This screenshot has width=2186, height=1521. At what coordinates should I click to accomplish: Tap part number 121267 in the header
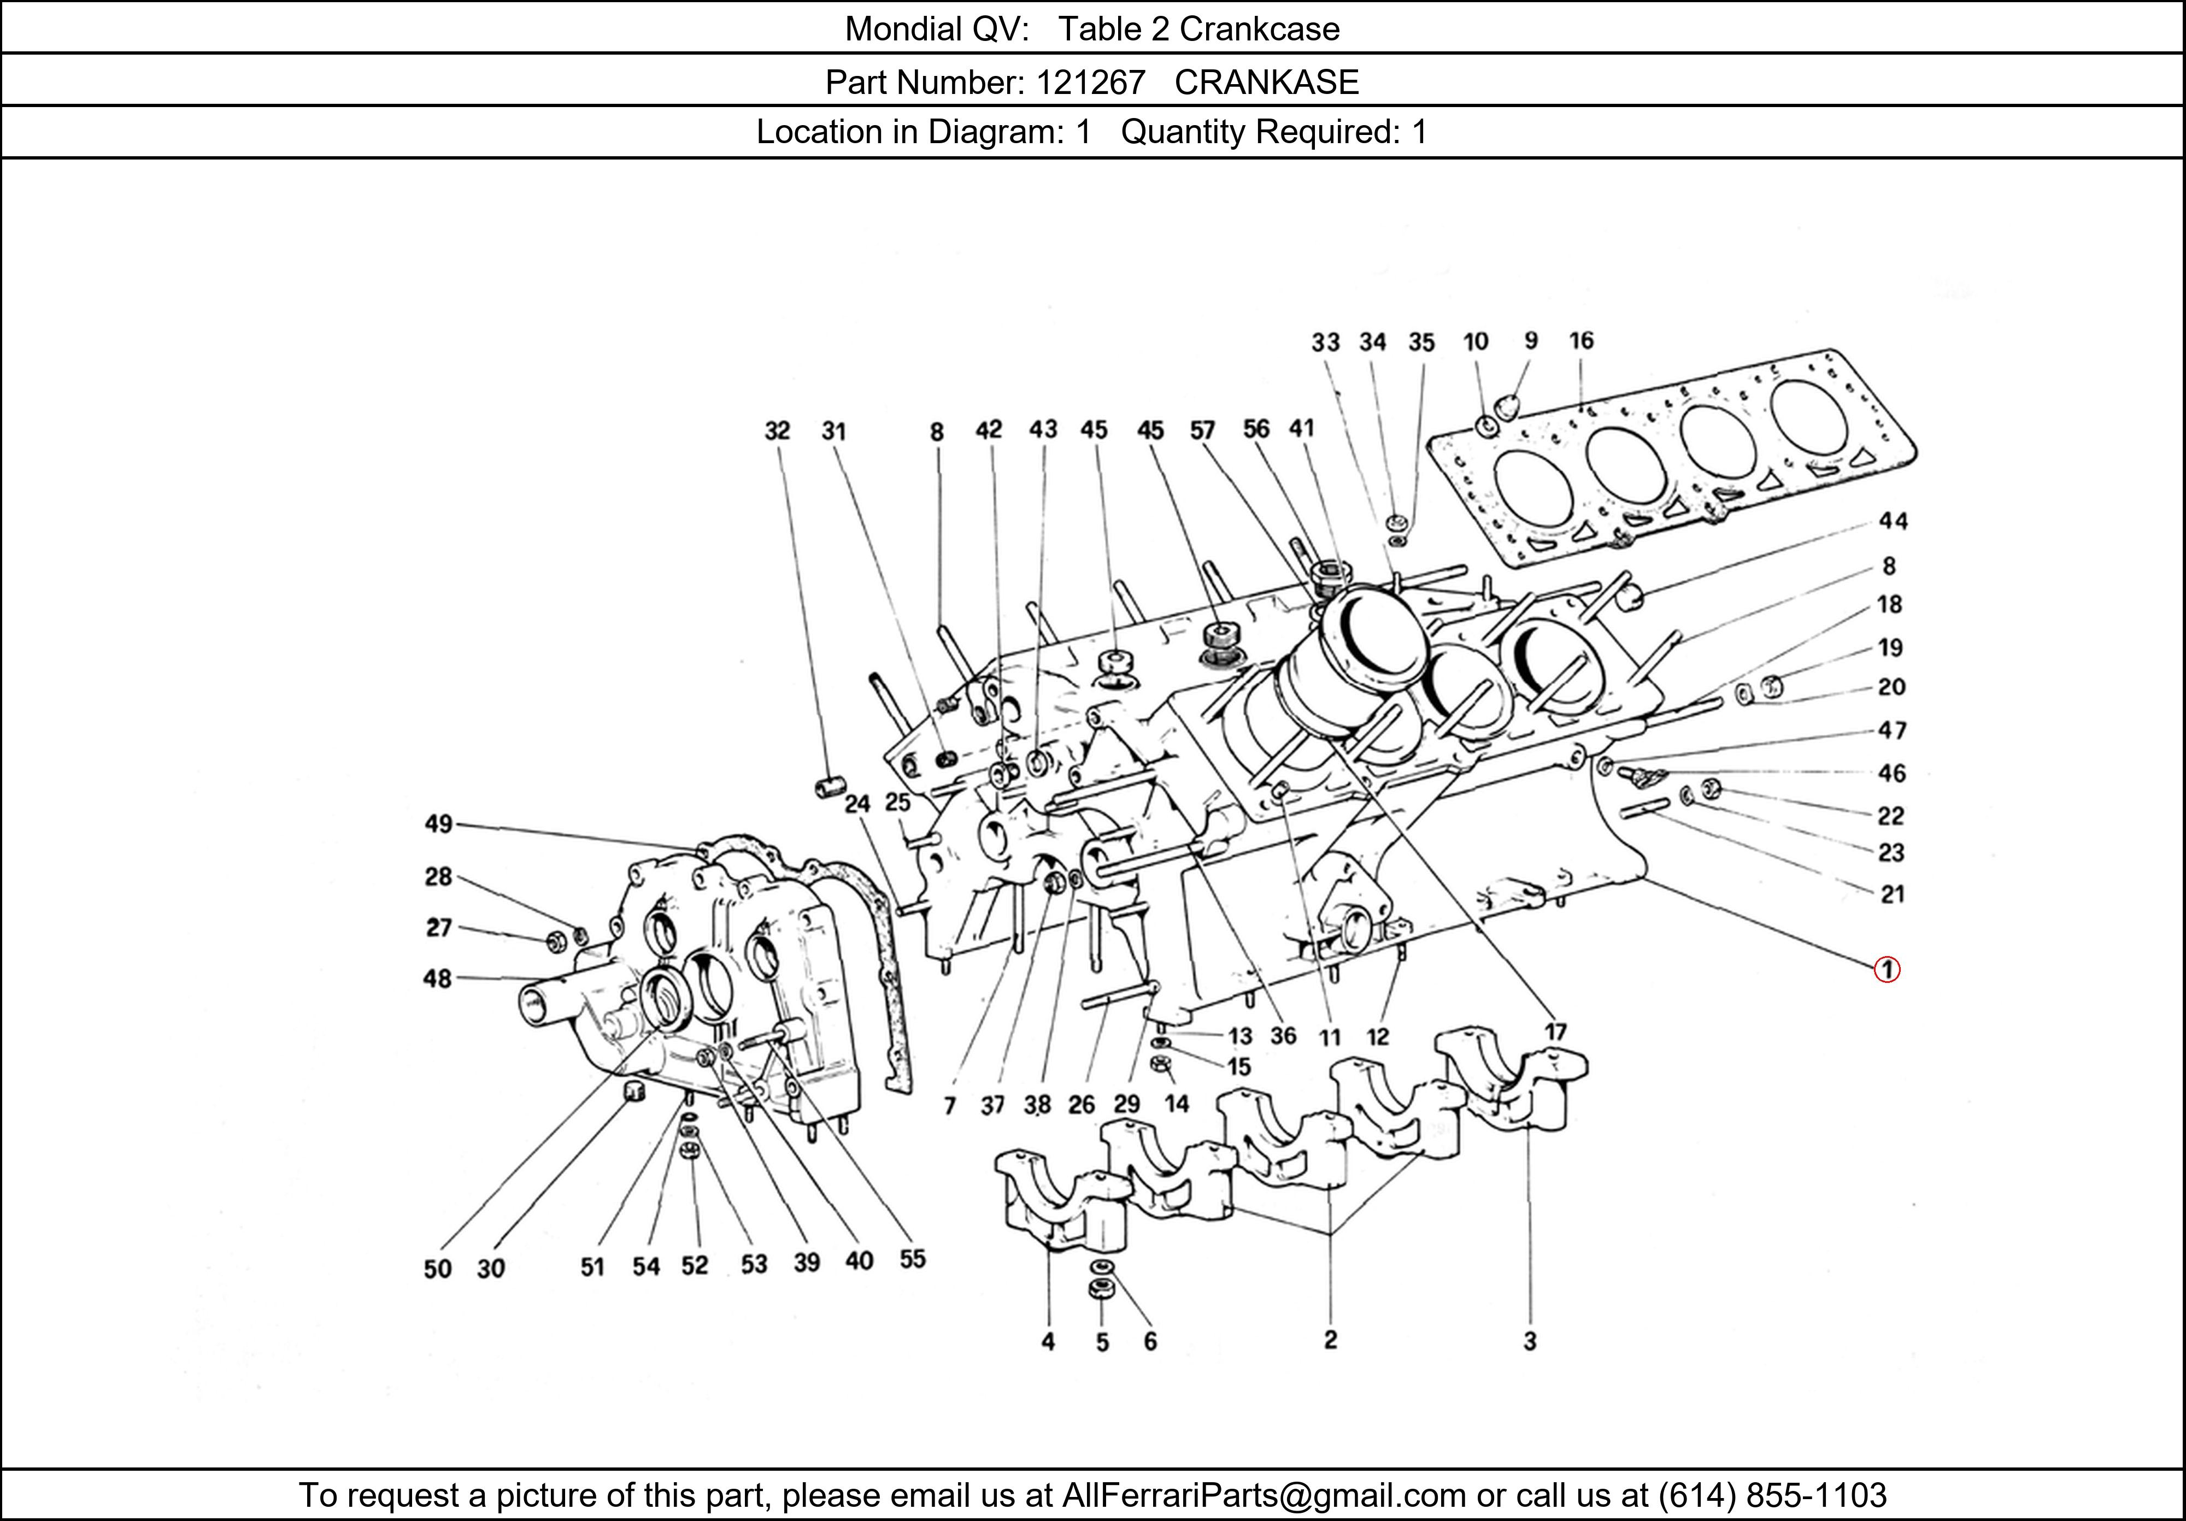[x=1090, y=83]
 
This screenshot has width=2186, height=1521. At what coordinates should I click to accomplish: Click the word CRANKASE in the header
[x=1266, y=83]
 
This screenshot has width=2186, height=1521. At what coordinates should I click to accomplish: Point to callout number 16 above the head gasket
[x=1582, y=341]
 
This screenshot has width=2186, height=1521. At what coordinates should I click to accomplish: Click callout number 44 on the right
[x=1893, y=521]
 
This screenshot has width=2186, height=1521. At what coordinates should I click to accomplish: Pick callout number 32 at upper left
[x=777, y=431]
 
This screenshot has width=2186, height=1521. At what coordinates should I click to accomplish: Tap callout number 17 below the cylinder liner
[x=1555, y=1032]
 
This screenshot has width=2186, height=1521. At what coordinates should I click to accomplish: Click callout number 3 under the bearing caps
[x=1529, y=1341]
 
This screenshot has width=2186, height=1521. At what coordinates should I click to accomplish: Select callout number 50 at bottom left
[x=437, y=1269]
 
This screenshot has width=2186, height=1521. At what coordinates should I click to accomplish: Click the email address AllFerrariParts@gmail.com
[x=1264, y=1495]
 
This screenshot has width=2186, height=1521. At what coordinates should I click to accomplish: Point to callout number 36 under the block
[x=1283, y=1035]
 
